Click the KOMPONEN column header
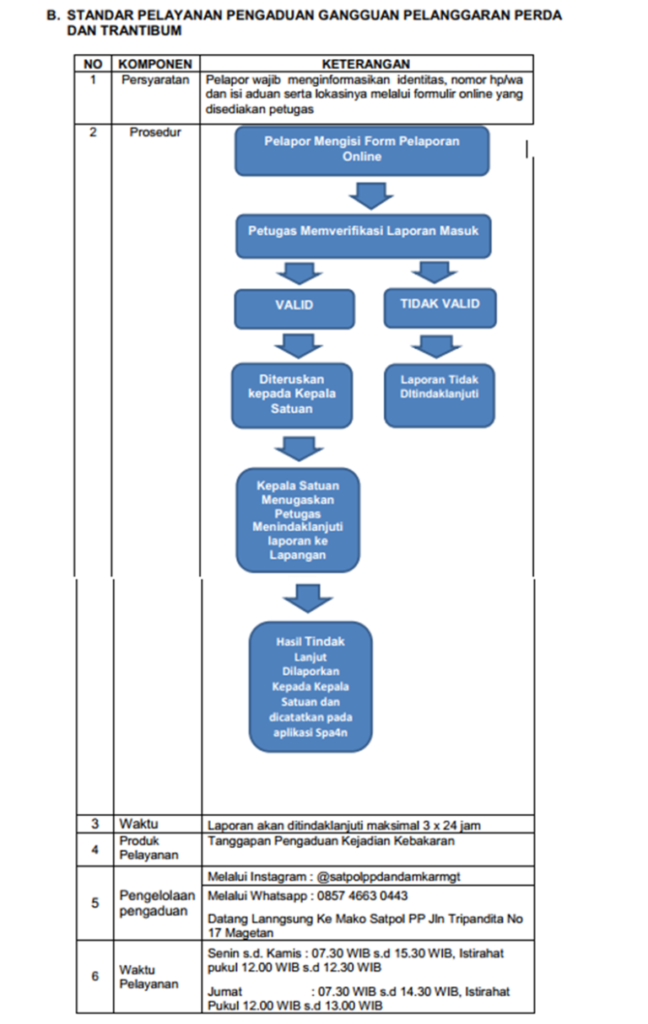tap(155, 64)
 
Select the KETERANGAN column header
tap(365, 64)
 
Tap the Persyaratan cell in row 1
tap(155, 80)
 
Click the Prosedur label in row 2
tap(155, 132)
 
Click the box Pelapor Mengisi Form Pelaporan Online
tap(362, 152)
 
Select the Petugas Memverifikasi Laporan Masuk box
tap(364, 236)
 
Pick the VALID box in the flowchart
tap(294, 309)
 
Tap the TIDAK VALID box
tap(440, 308)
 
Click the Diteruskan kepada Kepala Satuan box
tap(292, 396)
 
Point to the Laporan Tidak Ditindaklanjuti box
tap(440, 396)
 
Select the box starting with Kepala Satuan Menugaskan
tap(298, 520)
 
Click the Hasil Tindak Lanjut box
tap(310, 687)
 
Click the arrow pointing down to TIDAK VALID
tap(435, 272)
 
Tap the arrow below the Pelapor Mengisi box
tap(371, 196)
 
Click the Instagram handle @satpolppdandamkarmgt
tap(388, 877)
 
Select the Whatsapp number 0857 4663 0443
tap(362, 896)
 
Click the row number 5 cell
tap(94, 903)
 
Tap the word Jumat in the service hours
tap(224, 991)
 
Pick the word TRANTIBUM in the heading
tap(142, 30)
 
